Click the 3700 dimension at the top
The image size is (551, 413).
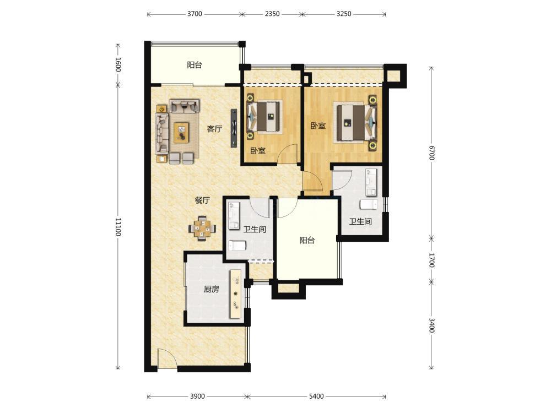(x=195, y=14)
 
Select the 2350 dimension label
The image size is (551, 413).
(x=272, y=14)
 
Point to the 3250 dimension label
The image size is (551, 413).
(x=344, y=14)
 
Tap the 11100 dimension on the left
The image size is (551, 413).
(x=118, y=227)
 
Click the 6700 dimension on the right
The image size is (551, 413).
(x=431, y=152)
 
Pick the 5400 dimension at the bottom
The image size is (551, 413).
(x=316, y=396)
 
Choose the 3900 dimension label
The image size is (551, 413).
(x=197, y=396)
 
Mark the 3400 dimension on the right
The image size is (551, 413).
(x=431, y=325)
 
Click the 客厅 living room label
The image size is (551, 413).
(x=214, y=129)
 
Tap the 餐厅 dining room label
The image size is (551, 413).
(x=202, y=200)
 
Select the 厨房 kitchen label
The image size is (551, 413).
(x=211, y=290)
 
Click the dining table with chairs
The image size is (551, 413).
(x=202, y=229)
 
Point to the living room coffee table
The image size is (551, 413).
(x=182, y=132)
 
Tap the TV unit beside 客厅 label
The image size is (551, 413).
(x=234, y=128)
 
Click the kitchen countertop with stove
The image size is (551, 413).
(x=235, y=294)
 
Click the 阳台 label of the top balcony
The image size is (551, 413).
(x=195, y=65)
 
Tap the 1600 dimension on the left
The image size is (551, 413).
(x=118, y=64)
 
